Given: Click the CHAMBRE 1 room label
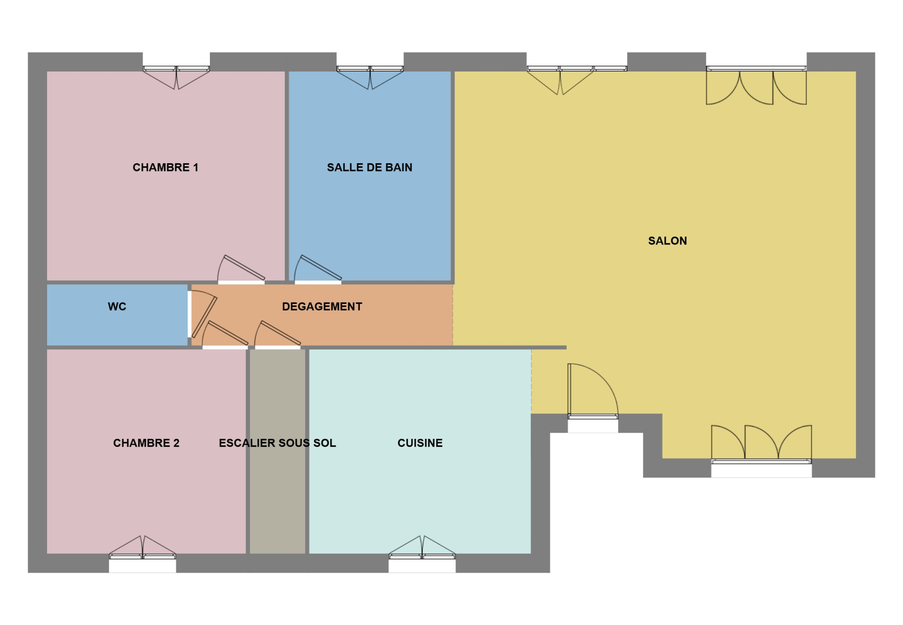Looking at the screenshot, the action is tap(165, 168).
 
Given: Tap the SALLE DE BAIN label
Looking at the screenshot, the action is tap(369, 168).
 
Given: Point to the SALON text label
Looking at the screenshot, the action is tap(668, 241).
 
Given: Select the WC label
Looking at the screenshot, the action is tap(117, 307).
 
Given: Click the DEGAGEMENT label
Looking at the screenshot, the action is tap(322, 307).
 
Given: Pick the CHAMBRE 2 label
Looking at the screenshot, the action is tap(146, 443).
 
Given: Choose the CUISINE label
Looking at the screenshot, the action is tap(420, 443).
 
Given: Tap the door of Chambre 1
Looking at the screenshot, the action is tap(241, 269).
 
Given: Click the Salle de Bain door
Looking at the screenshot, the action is tap(318, 269).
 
